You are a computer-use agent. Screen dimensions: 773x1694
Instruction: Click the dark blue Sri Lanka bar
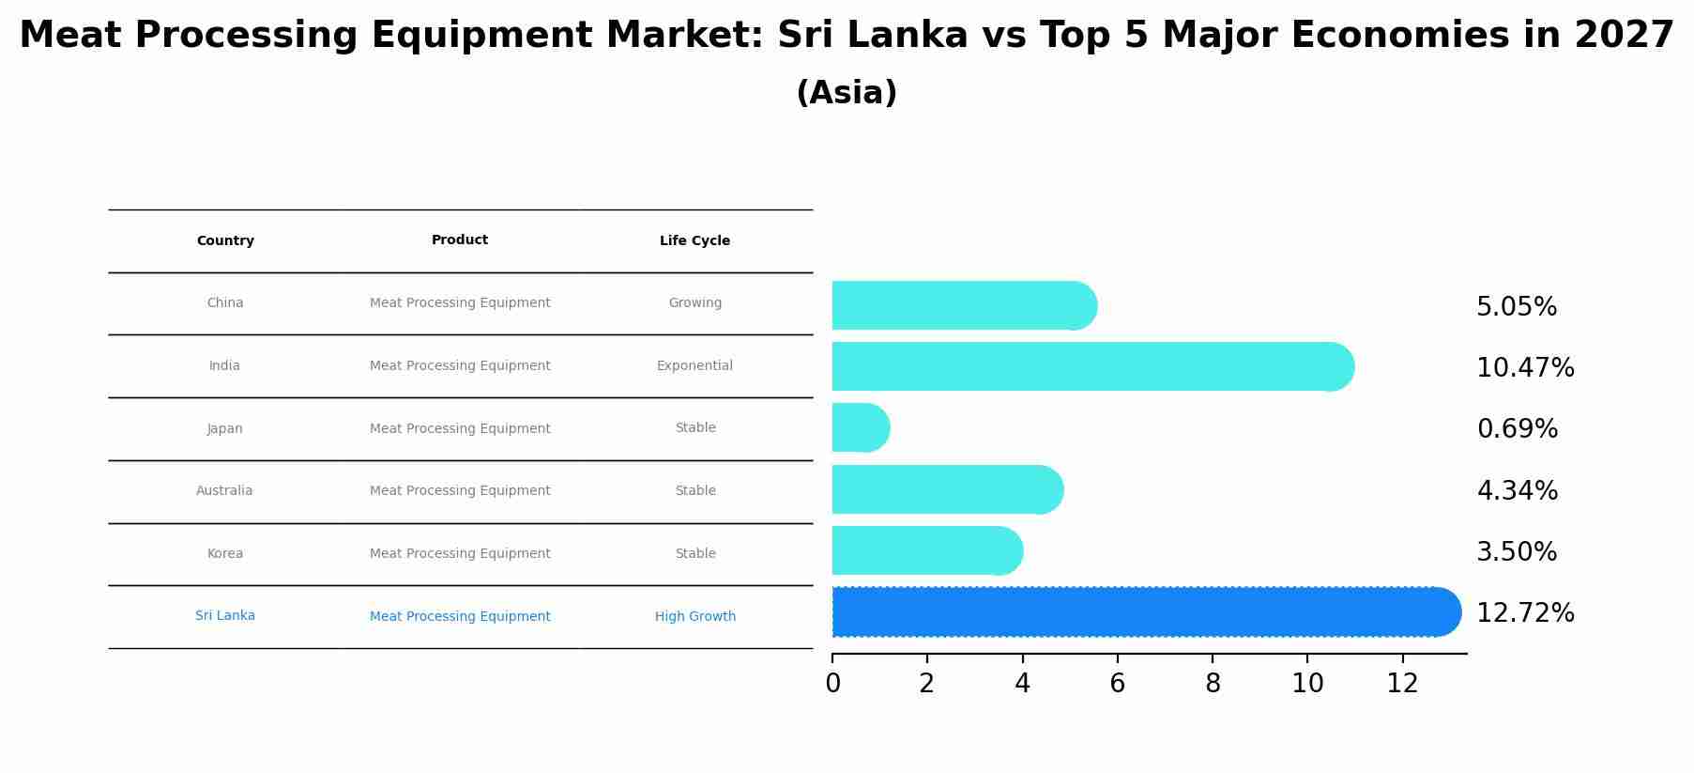point(1145,612)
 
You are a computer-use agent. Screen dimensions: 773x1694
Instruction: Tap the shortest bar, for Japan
point(860,428)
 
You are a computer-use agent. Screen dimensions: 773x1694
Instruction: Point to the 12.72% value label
point(1525,613)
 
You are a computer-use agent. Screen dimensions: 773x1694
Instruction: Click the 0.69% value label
point(1517,429)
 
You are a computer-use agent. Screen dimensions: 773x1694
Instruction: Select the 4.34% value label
point(1517,490)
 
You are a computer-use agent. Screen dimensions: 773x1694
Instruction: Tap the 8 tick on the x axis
point(1213,684)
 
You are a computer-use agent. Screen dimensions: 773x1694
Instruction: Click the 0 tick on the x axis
point(832,684)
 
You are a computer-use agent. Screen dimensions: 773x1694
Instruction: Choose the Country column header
point(225,241)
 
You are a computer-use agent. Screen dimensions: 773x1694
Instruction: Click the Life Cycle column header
point(694,241)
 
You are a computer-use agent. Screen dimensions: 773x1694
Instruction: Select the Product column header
point(460,240)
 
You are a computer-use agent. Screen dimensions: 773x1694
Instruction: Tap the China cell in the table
point(225,303)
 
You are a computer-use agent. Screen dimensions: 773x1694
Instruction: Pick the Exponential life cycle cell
point(694,366)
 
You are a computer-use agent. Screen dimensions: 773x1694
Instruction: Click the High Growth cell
point(694,617)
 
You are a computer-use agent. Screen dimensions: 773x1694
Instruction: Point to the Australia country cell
point(224,491)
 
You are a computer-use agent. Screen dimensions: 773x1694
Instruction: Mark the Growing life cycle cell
point(694,303)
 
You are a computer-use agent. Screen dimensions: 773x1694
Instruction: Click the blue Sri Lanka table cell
point(225,616)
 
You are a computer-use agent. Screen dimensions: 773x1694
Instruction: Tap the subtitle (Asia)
point(847,93)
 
